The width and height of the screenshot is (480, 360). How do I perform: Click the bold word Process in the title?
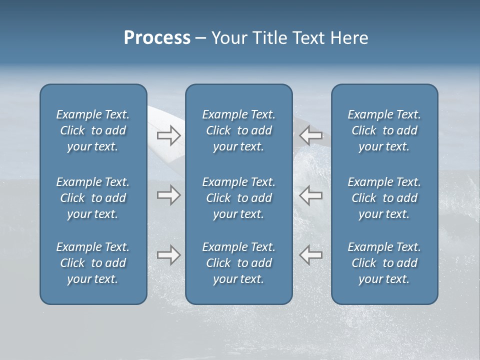tap(157, 38)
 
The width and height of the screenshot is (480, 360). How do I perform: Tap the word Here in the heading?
tap(349, 38)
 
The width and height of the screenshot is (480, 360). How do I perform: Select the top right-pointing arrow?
tap(168, 135)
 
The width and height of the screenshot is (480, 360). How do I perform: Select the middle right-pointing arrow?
tap(168, 195)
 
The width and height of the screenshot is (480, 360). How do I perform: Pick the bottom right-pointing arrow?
tap(168, 255)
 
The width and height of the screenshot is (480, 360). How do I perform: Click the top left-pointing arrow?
tap(311, 135)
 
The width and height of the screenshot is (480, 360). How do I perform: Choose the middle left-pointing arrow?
tap(311, 195)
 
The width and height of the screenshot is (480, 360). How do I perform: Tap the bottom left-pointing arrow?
tap(311, 255)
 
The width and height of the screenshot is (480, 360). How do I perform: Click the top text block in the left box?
tap(93, 130)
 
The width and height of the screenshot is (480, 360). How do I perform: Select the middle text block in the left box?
tap(93, 198)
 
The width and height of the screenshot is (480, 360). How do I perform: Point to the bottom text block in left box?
tap(93, 263)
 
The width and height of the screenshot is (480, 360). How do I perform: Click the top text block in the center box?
tap(238, 130)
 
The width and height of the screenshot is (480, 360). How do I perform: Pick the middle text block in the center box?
tap(238, 198)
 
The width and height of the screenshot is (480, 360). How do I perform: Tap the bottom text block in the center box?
tap(238, 263)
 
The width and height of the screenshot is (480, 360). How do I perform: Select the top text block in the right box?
tap(384, 130)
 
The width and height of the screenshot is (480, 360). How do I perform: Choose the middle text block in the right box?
tap(384, 198)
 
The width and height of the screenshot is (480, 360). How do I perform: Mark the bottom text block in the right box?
tap(384, 263)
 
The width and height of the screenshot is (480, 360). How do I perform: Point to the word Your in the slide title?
tap(228, 38)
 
